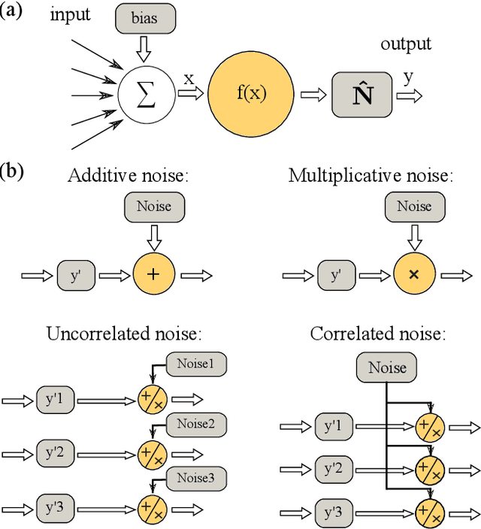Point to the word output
coord(406,44)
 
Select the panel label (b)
coord(13,171)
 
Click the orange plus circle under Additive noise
coord(153,275)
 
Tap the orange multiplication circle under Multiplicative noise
coord(413,275)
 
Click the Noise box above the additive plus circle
coord(153,206)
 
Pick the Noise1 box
coord(195,364)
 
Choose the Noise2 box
coord(195,425)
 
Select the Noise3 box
coord(195,477)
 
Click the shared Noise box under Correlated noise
coord(387,367)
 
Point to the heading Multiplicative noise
coord(371,176)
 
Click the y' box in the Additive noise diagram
coord(76,275)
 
